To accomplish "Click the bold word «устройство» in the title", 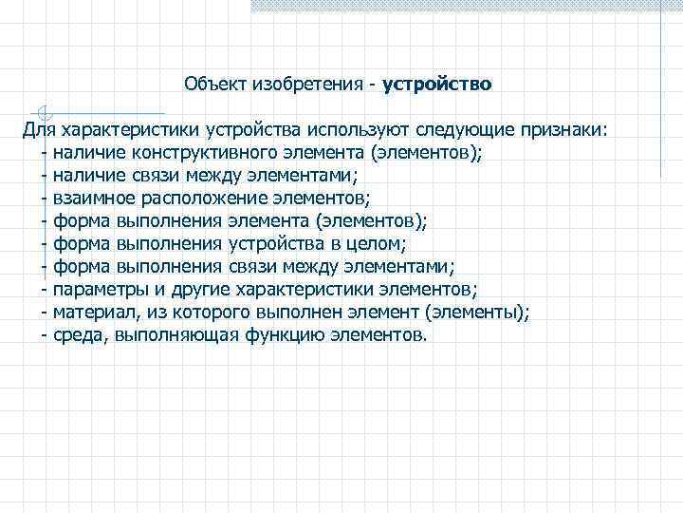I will coord(437,84).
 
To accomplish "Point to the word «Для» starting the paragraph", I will coord(41,128).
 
